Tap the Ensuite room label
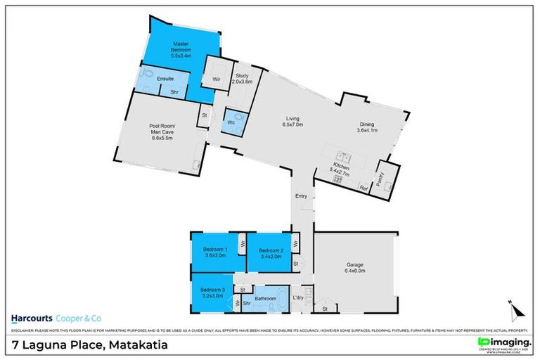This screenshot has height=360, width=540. click(x=165, y=79)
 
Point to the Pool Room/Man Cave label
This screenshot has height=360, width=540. click(x=161, y=133)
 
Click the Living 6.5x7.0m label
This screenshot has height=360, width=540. click(x=293, y=122)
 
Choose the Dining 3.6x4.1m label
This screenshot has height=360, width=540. click(x=367, y=126)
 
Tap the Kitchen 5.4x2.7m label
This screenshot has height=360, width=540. click(x=342, y=169)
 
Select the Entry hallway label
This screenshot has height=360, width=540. click(x=301, y=196)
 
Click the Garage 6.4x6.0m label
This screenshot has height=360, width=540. click(x=354, y=267)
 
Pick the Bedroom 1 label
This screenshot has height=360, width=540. click(x=214, y=253)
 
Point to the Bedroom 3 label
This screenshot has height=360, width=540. click(x=212, y=292)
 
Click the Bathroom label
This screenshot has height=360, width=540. click(x=265, y=299)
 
